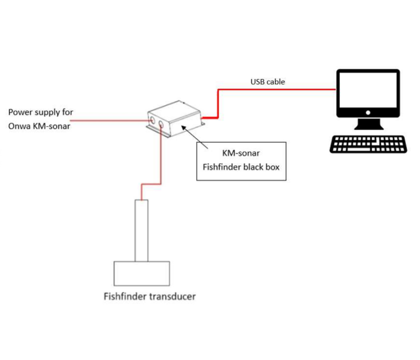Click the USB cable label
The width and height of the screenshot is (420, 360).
268,82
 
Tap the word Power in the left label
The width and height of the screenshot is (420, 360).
20,112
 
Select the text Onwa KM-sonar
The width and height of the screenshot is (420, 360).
40,126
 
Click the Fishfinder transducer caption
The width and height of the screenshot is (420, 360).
150,296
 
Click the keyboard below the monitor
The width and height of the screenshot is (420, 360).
368,144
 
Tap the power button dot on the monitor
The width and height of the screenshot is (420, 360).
368,113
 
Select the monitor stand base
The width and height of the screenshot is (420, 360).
368,126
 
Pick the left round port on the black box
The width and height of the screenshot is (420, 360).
152,120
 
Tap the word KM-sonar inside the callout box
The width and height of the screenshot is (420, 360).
241,153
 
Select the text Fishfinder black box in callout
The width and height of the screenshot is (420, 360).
241,167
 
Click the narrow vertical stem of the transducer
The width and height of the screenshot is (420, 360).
141,230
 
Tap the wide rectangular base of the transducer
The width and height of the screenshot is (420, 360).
142,273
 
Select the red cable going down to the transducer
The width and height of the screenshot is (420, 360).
161,160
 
